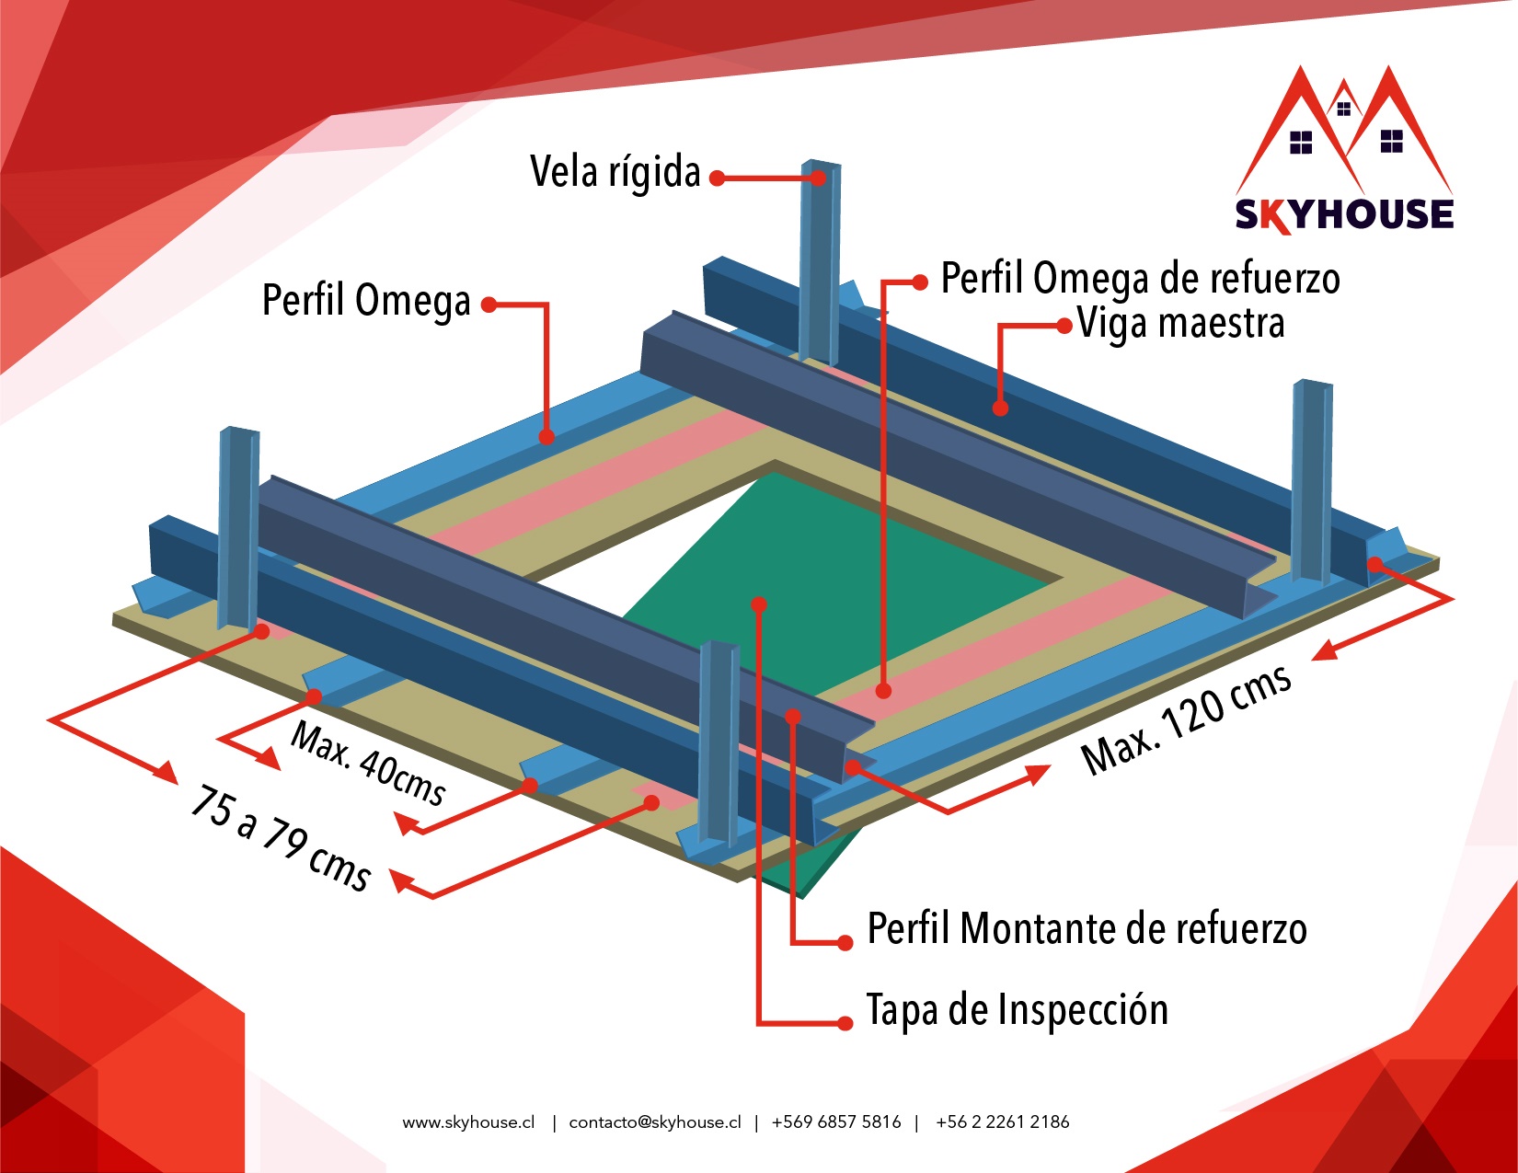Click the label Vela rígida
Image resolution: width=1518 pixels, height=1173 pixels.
(615, 172)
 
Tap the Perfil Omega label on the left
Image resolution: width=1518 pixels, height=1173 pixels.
(366, 301)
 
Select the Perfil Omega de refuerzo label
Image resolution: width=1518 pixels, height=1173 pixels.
(1139, 279)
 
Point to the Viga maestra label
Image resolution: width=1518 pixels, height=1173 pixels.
(1180, 324)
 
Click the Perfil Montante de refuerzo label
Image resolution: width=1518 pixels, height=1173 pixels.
(1087, 928)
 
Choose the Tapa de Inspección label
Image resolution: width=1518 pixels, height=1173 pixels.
(1017, 1010)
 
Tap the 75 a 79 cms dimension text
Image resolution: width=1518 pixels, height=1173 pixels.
(281, 838)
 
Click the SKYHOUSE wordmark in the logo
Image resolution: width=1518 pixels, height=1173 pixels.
(1343, 214)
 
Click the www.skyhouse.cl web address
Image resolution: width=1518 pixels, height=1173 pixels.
(468, 1122)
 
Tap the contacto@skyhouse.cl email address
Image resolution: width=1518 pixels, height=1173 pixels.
(655, 1122)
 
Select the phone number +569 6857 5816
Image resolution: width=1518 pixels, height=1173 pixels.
(836, 1122)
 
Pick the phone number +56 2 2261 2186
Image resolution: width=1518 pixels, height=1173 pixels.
(1002, 1122)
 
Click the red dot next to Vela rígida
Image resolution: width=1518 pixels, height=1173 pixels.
(717, 178)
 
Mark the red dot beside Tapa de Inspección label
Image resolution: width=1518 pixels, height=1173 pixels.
(845, 1024)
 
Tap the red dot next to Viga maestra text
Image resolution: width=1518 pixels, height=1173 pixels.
(1064, 326)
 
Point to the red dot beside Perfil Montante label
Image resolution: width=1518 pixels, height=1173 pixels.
(845, 943)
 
